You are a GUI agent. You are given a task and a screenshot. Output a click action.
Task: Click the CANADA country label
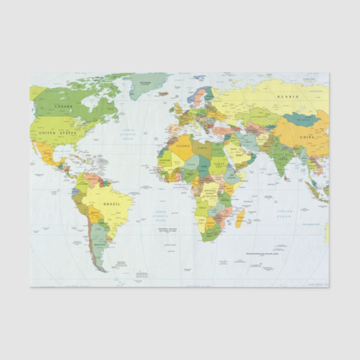pos(64,106)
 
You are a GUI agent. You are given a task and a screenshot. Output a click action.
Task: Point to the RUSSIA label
pos(287,97)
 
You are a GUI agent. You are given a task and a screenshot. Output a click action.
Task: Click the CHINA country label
pos(306,137)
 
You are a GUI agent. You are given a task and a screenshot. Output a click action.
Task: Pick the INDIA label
pos(284,158)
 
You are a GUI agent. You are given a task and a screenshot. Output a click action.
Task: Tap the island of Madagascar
pos(240,217)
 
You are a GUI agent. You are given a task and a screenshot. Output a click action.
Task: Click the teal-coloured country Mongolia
pos(301,119)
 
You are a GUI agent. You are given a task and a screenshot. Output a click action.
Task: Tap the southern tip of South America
pos(102,271)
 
